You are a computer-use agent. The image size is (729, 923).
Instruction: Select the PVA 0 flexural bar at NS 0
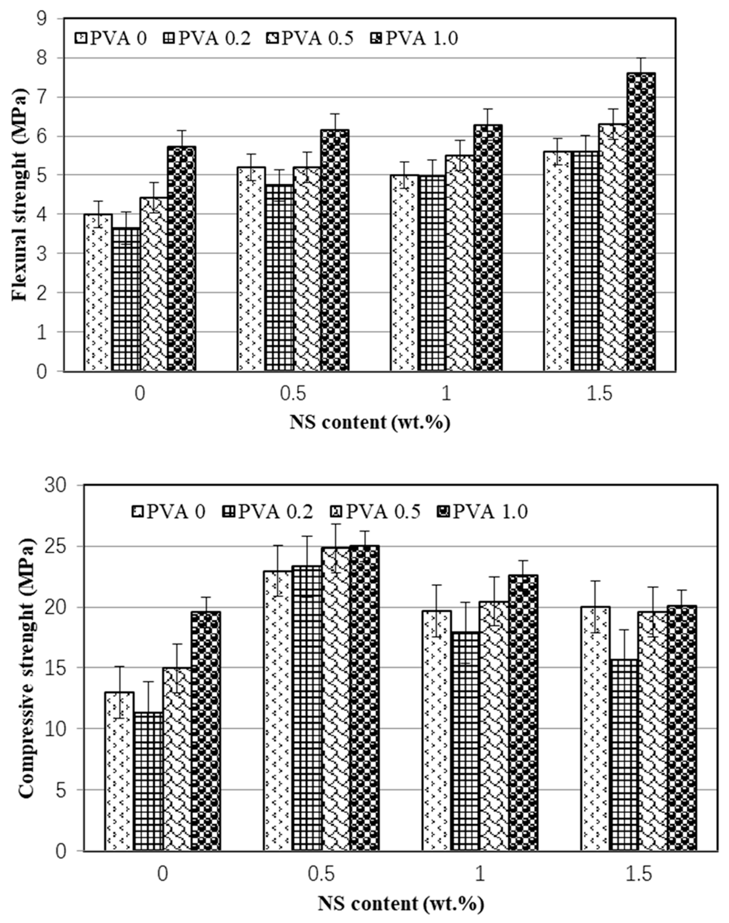coord(98,293)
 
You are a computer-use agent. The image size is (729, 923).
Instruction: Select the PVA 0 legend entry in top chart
coord(111,39)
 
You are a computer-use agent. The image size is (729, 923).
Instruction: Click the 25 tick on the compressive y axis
coord(64,546)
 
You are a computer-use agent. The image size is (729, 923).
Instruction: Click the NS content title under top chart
coord(370,423)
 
